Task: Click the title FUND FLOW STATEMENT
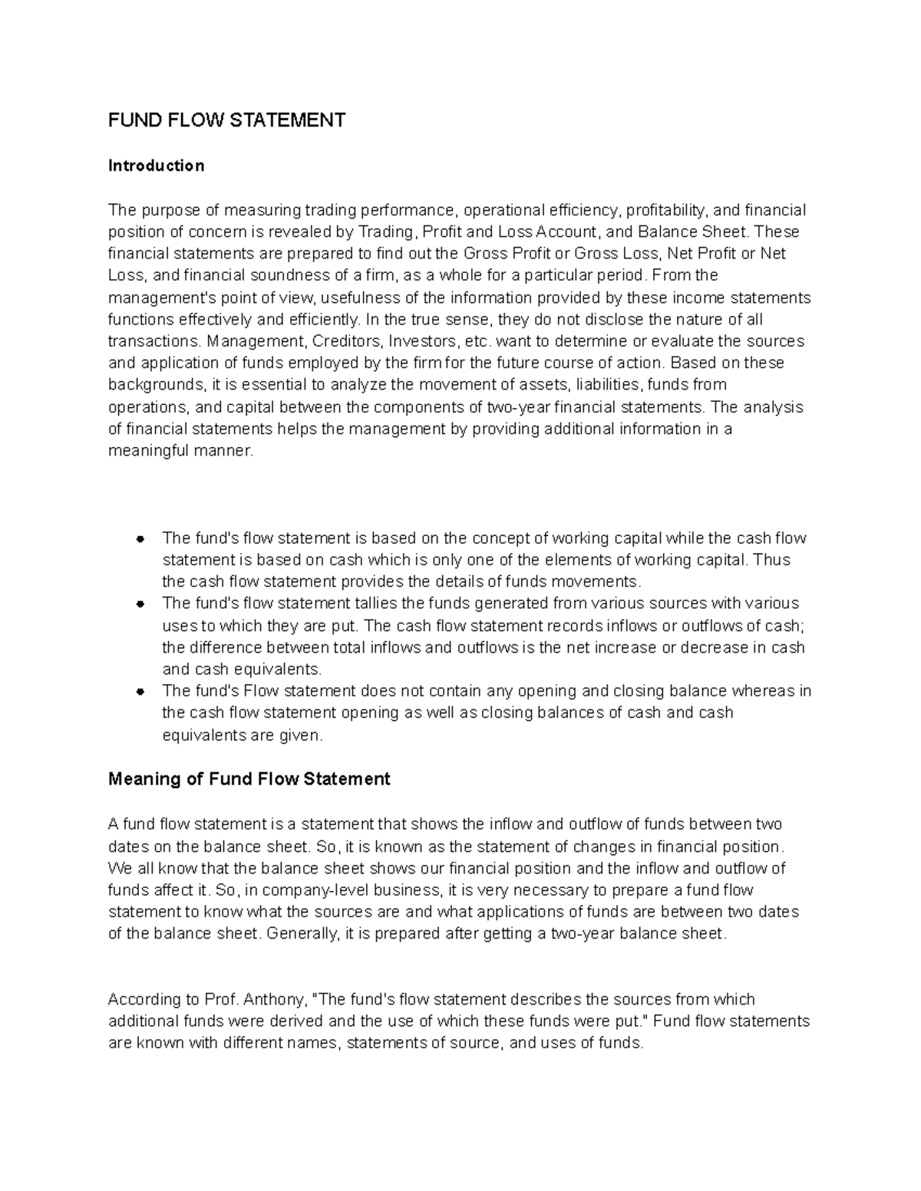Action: pos(226,120)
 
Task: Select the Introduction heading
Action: pos(156,166)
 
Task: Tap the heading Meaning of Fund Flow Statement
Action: pos(249,779)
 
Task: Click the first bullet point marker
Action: pos(140,538)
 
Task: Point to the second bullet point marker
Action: pos(140,604)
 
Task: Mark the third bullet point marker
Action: pos(140,691)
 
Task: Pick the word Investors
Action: pos(423,341)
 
